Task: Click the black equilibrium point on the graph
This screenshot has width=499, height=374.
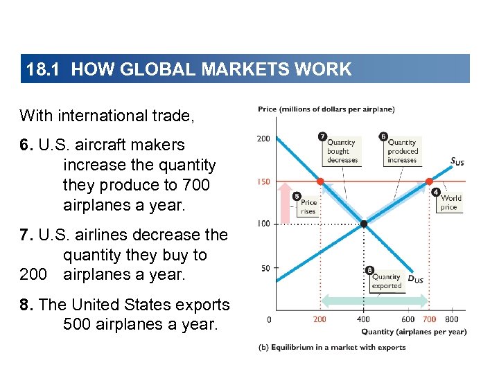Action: click(x=363, y=224)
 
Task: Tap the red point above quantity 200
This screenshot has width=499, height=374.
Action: click(x=319, y=181)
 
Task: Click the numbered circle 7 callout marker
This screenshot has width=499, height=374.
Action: click(x=322, y=136)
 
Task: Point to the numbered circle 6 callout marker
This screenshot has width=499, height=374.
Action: click(x=383, y=136)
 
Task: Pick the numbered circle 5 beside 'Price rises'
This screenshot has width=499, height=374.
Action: click(x=297, y=195)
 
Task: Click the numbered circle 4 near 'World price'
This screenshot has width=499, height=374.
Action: click(x=435, y=191)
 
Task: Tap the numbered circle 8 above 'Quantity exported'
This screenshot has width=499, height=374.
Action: click(x=369, y=270)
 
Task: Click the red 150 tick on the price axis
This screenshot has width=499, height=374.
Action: click(x=264, y=182)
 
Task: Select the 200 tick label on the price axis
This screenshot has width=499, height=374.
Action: click(x=264, y=139)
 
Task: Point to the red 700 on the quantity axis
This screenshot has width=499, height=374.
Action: click(x=430, y=320)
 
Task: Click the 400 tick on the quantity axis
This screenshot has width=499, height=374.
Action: click(x=363, y=320)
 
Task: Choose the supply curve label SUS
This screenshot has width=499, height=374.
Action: click(x=457, y=162)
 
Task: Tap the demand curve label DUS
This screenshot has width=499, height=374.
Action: click(x=415, y=279)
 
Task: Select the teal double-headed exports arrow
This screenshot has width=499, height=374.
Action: click(x=374, y=300)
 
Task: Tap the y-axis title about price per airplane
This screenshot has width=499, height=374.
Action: click(x=326, y=109)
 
